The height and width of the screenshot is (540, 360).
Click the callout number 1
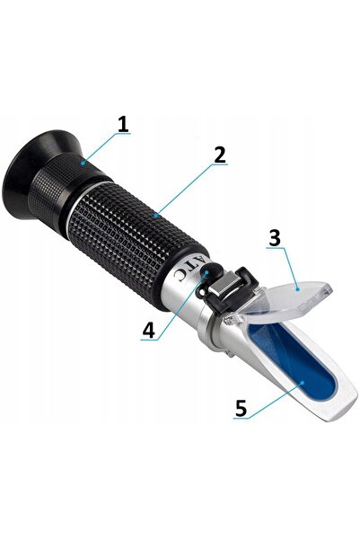123,124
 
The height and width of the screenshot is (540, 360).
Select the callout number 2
220,155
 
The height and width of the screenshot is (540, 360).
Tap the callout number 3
275,237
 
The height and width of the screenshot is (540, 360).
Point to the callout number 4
149,330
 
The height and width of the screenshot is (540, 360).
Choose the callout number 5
241,408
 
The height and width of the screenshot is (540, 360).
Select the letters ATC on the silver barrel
189,270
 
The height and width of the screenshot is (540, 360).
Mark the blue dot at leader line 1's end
83,163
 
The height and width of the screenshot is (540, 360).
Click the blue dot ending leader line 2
156,216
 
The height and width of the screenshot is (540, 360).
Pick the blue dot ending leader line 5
302,383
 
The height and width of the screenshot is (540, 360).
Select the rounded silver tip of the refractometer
339,408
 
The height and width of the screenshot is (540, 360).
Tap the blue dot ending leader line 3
298,289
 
